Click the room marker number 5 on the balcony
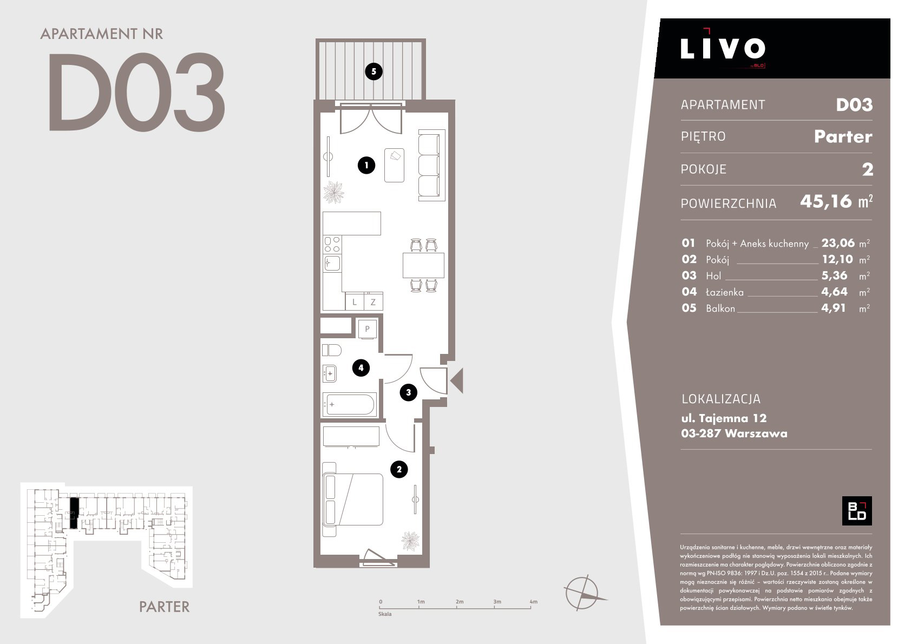[373, 71]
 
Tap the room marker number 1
[366, 165]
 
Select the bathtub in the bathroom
[349, 404]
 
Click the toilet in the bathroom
[331, 350]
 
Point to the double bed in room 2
[352, 500]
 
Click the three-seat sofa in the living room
[431, 165]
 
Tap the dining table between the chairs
[423, 265]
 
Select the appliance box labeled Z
[373, 301]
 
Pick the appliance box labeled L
[355, 301]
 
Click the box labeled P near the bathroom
[367, 328]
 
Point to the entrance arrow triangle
[457, 380]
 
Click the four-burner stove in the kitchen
[332, 245]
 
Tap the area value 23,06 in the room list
[838, 243]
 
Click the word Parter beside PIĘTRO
[843, 136]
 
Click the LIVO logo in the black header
[723, 48]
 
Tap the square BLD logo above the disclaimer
[857, 511]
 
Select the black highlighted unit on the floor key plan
[73, 513]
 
